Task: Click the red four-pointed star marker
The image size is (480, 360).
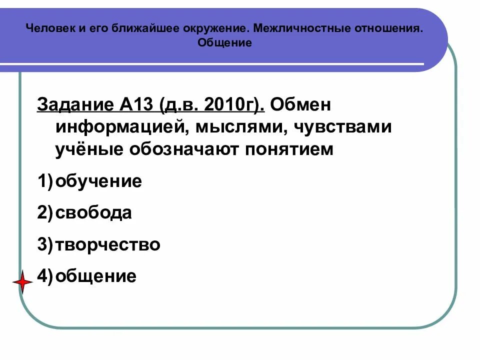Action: [22, 283]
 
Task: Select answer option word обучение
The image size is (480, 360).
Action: [99, 181]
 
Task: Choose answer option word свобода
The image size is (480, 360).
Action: [94, 213]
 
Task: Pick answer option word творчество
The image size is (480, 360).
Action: [108, 244]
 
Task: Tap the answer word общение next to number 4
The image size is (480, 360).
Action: [96, 276]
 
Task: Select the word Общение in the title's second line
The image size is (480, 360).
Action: [224, 42]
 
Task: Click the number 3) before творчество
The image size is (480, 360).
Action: [44, 245]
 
